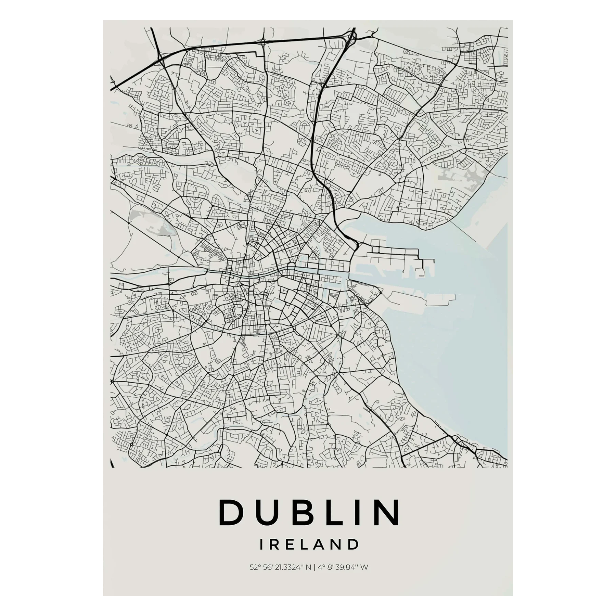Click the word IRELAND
[x=309, y=554]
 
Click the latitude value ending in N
[x=280, y=577]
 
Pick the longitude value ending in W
[x=343, y=577]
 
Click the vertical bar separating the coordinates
[x=315, y=577]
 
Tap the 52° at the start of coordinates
[x=254, y=577]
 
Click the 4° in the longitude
[x=320, y=577]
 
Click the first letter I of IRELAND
[x=262, y=554]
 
